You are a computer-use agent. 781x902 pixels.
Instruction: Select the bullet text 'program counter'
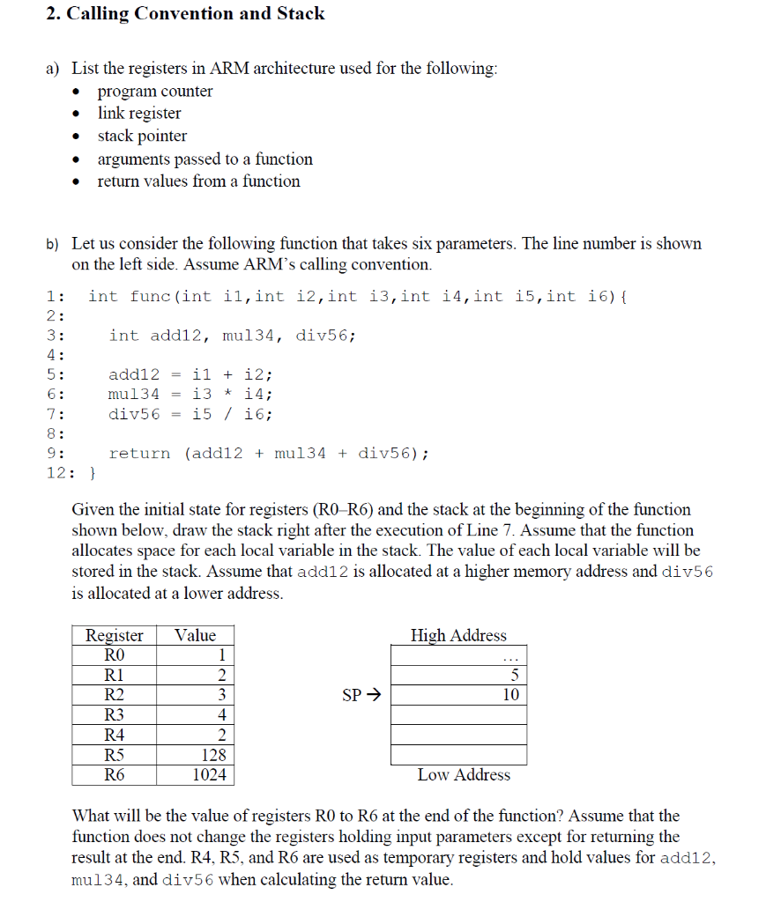[x=155, y=92]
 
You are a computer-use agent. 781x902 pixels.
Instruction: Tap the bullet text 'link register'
[x=139, y=114]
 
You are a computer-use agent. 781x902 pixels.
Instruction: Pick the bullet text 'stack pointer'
[x=142, y=137]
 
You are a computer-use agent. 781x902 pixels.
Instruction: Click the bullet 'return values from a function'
[x=198, y=181]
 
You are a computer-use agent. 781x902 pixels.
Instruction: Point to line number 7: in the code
[x=55, y=414]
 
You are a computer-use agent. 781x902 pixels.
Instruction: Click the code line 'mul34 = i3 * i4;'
[x=190, y=395]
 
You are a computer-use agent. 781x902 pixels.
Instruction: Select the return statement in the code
[x=269, y=454]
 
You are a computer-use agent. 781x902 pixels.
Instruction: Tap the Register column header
[x=115, y=636]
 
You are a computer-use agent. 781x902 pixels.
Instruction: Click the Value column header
[x=195, y=636]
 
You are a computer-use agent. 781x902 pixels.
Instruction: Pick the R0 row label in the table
[x=115, y=655]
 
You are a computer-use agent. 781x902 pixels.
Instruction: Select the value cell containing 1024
[x=210, y=775]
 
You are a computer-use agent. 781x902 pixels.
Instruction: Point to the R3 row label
[x=115, y=715]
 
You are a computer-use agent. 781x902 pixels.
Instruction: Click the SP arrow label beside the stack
[x=360, y=696]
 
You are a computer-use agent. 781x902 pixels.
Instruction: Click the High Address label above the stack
[x=458, y=636]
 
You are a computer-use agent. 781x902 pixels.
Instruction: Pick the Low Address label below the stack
[x=464, y=775]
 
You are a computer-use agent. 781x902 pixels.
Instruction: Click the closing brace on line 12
[x=92, y=473]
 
